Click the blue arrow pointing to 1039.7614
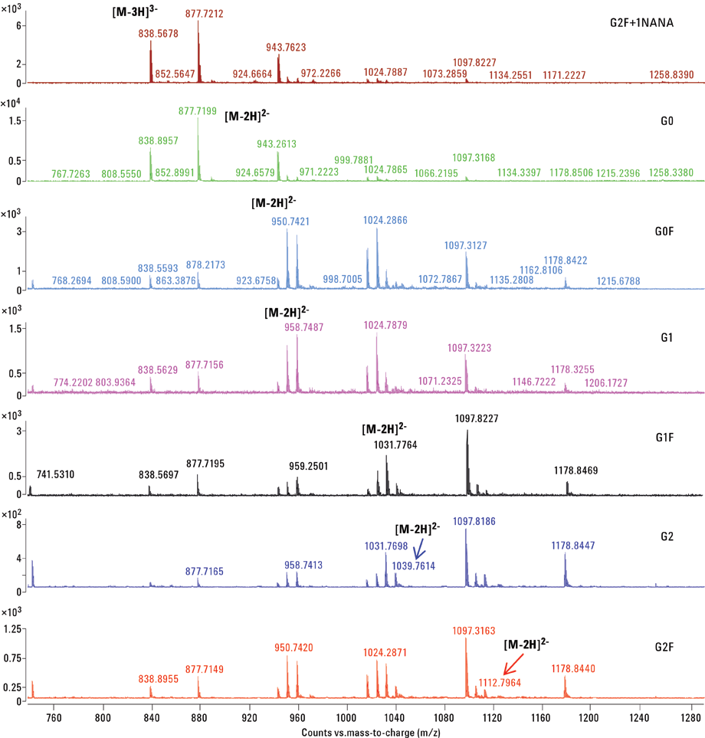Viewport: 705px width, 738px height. [x=418, y=549]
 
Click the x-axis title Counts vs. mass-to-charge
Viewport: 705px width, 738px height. [x=366, y=732]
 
